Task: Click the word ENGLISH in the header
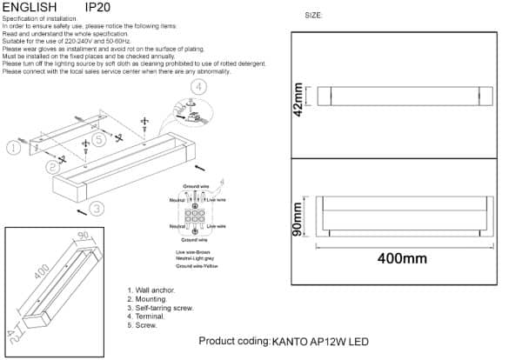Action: (x=30, y=7)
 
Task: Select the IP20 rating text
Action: (x=97, y=7)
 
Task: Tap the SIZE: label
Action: (x=314, y=16)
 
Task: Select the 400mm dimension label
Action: (x=403, y=258)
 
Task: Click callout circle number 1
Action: (x=12, y=148)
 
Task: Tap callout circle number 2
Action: (x=53, y=164)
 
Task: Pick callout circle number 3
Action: (x=97, y=208)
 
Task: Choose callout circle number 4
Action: (x=198, y=87)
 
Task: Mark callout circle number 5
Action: (x=100, y=138)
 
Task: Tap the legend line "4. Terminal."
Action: (x=149, y=317)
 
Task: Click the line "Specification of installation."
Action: (x=43, y=18)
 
